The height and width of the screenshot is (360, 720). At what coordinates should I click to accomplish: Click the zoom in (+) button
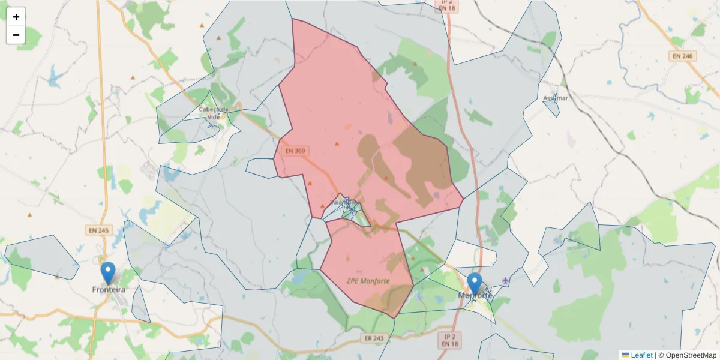coord(16,17)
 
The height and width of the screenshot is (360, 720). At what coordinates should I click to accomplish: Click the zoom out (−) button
coord(16,35)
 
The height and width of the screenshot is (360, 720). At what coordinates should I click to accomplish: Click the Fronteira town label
coord(109,289)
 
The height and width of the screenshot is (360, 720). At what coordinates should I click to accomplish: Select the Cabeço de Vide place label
coord(214,113)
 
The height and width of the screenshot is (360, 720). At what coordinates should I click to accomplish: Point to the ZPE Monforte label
coord(368,281)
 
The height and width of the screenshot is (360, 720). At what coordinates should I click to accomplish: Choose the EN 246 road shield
coord(682,56)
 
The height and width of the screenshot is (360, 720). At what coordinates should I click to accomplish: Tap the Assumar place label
coord(554,97)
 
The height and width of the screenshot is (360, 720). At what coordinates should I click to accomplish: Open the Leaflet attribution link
coord(641,355)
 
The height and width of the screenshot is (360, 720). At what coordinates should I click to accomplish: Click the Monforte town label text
coord(475,295)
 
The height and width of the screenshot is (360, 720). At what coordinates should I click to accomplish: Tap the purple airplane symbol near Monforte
coord(506,280)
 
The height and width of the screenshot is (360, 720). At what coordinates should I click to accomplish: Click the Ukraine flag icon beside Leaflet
coord(625,355)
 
